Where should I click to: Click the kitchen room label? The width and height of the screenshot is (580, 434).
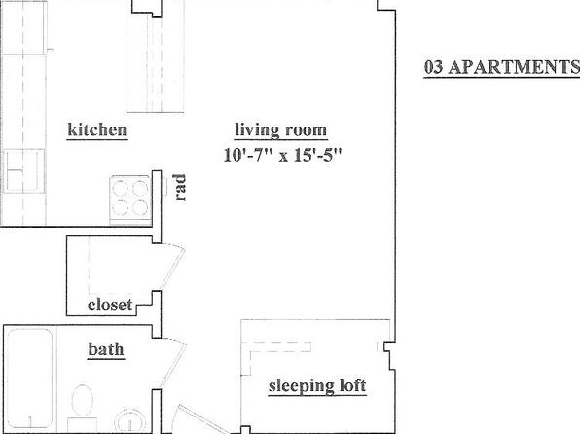pyautogui.click(x=97, y=129)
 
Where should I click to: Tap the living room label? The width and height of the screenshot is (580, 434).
pyautogui.click(x=281, y=130)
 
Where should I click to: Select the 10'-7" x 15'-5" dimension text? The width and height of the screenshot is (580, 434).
pyautogui.click(x=282, y=155)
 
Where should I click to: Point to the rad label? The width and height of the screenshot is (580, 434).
pyautogui.click(x=180, y=188)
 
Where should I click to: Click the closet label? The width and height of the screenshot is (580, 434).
pyautogui.click(x=110, y=305)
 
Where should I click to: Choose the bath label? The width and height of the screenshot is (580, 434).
pyautogui.click(x=106, y=349)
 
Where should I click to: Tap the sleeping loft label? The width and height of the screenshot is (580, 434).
pyautogui.click(x=317, y=386)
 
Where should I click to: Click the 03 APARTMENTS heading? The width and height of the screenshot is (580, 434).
pyautogui.click(x=502, y=67)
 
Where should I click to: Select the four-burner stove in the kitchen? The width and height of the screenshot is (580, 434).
pyautogui.click(x=130, y=199)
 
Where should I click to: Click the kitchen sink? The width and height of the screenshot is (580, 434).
pyautogui.click(x=23, y=170)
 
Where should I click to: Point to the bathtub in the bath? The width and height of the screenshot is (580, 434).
pyautogui.click(x=29, y=379)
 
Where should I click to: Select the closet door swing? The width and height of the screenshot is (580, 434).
pyautogui.click(x=173, y=266)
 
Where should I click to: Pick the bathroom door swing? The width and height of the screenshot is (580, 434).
pyautogui.click(x=174, y=363)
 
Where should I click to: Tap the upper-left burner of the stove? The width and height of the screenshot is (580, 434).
pyautogui.click(x=121, y=189)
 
